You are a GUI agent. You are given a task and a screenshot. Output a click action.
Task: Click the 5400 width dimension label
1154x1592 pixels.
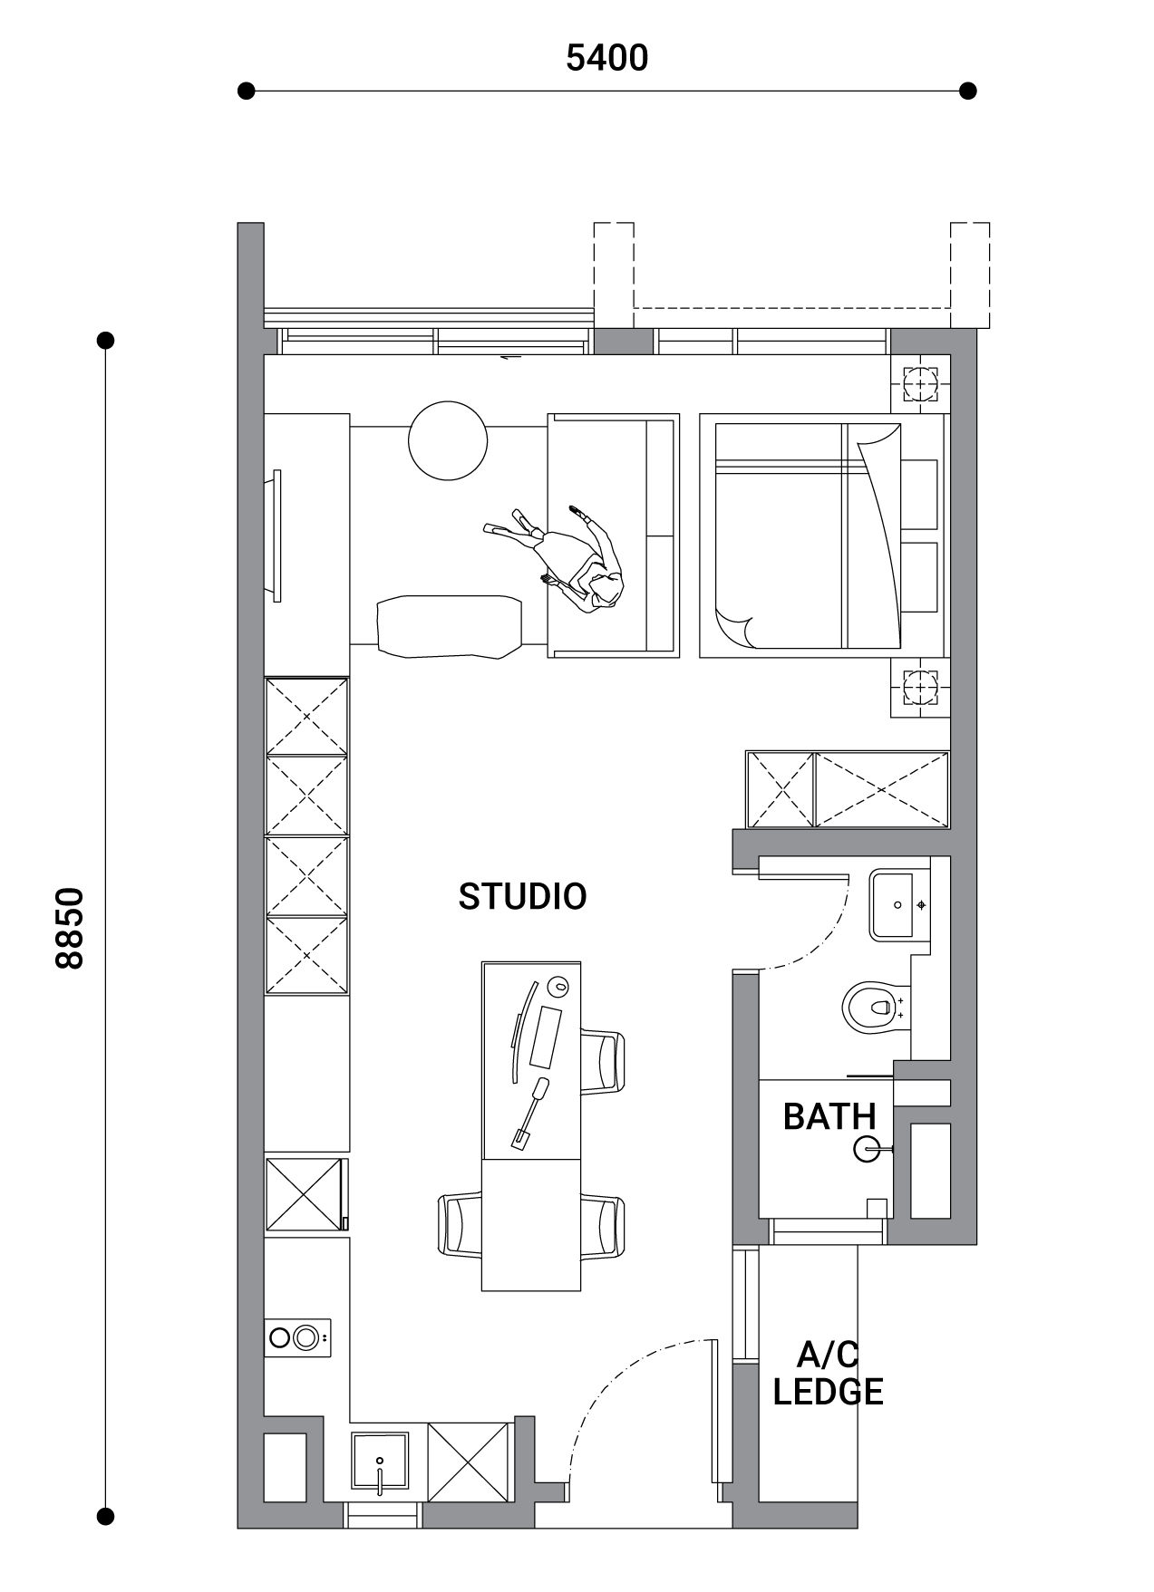pos(606,58)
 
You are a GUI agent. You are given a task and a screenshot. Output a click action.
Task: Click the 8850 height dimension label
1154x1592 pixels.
pos(70,928)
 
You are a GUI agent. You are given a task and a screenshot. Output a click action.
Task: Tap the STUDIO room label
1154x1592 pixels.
pos(522,896)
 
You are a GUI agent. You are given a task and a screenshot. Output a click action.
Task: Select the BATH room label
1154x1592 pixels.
pos(829,1116)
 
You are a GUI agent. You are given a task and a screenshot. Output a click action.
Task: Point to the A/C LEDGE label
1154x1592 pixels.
pos(828,1374)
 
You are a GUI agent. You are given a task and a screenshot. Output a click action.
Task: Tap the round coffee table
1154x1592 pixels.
pos(448,440)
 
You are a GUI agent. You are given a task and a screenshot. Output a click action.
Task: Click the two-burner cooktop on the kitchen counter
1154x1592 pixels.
pos(297,1337)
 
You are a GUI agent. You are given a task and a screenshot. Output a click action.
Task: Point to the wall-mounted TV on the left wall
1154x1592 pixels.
pos(276,535)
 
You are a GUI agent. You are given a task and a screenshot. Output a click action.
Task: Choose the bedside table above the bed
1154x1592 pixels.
pos(921,385)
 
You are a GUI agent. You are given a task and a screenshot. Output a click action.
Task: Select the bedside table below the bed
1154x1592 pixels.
pos(921,688)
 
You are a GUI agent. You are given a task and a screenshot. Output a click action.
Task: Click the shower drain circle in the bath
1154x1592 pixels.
pos(866,1149)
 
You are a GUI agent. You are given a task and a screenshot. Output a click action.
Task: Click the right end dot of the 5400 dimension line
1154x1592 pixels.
pos(968,91)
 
